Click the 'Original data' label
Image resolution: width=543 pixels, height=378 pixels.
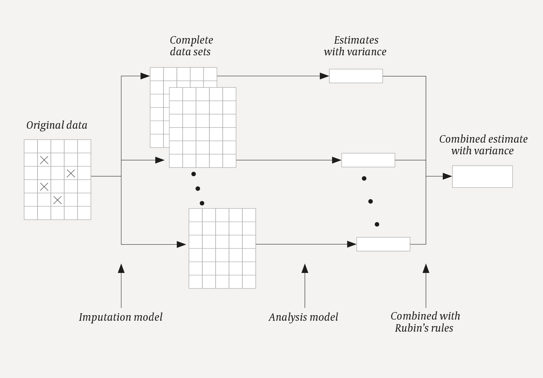(x=57, y=125)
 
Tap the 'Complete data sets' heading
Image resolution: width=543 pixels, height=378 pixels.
(x=191, y=46)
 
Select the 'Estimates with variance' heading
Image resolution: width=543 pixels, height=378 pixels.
(x=355, y=46)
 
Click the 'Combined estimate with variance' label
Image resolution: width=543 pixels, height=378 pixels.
(x=483, y=145)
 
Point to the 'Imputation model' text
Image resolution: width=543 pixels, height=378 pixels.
(x=121, y=317)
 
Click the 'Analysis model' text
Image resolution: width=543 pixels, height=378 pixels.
(x=303, y=317)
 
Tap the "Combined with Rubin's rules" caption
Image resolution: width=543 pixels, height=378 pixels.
(x=425, y=322)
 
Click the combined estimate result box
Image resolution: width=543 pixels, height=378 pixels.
(x=482, y=177)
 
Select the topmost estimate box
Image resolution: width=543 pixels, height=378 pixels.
(x=356, y=76)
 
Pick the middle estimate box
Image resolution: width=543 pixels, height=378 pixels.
(x=368, y=160)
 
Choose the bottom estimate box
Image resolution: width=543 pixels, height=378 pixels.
(x=383, y=244)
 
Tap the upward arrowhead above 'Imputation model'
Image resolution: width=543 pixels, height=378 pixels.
(x=121, y=268)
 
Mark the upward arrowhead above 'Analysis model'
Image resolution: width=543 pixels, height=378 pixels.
(x=305, y=268)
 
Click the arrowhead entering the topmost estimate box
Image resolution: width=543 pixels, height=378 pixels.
(x=324, y=76)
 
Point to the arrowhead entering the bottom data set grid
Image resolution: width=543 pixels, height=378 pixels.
(x=181, y=244)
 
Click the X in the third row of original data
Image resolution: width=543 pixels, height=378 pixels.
(x=71, y=174)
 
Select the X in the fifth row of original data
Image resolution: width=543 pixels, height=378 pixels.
(x=57, y=200)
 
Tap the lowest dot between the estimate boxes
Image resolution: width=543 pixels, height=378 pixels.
(x=377, y=224)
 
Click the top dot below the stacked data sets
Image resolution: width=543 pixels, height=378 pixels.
(x=193, y=174)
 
